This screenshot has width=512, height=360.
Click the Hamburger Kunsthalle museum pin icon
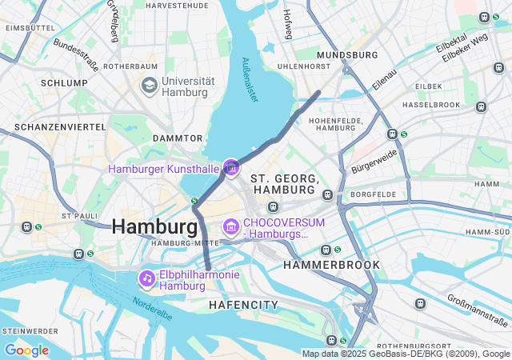[x=231, y=167]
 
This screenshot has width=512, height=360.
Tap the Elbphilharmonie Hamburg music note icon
[x=146, y=278]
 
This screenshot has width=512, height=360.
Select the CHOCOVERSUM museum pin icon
[x=231, y=227]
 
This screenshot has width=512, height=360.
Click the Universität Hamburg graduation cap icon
[x=149, y=85]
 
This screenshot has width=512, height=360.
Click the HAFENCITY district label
[x=243, y=305]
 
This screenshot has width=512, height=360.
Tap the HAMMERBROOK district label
[x=331, y=264]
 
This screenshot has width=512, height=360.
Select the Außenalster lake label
[x=250, y=78]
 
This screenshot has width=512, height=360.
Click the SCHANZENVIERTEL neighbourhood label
[x=60, y=127]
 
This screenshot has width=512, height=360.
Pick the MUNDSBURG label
[x=346, y=55]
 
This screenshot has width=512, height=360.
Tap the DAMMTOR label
[x=178, y=138]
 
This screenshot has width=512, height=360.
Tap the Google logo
[x=26, y=350]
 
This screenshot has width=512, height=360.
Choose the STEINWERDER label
[x=30, y=330]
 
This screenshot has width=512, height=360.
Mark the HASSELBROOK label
[x=432, y=105]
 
